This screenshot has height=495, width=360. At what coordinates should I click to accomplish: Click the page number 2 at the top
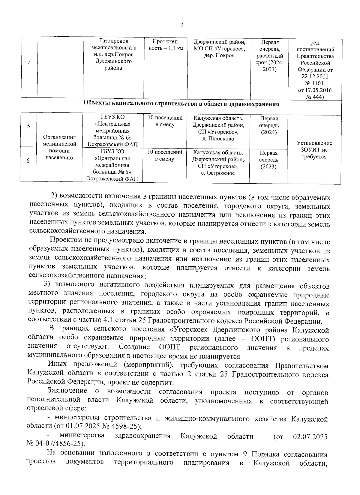coord(181,25)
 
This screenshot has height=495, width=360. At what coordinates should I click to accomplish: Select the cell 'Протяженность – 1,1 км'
coord(166,45)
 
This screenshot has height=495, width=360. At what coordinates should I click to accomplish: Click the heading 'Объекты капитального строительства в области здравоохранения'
coord(181,104)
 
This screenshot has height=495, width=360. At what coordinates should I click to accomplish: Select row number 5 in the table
coord(28,126)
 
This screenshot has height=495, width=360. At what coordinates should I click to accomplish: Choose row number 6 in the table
coord(28,161)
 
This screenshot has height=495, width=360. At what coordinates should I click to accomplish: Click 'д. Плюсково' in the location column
coord(218,139)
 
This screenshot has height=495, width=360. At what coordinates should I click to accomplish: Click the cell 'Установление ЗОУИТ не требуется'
coord(314,150)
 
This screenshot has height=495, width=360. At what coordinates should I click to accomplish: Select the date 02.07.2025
coord(310,436)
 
